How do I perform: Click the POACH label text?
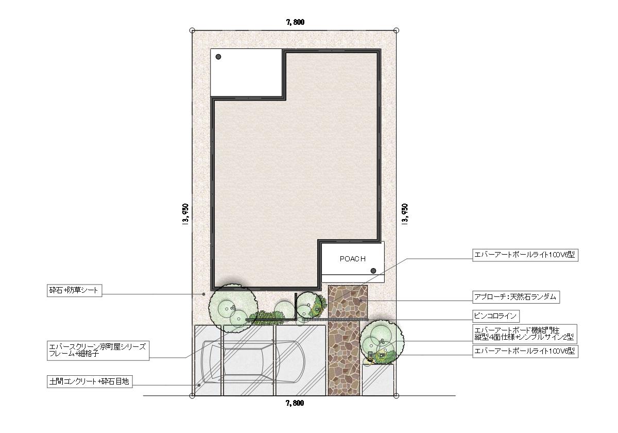352,259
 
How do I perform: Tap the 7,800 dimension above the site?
295,22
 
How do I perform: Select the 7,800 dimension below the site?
295,403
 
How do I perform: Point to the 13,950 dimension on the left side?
185,215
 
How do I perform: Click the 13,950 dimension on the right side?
405,215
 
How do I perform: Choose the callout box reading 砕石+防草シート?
75,291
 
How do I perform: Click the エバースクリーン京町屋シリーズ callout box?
98,351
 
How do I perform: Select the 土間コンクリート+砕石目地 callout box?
90,381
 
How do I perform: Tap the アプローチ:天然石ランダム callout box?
516,297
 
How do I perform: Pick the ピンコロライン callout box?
496,316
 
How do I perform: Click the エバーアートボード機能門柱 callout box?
525,334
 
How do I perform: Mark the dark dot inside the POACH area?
373,271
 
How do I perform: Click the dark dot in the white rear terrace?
218,57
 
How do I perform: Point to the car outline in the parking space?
253,362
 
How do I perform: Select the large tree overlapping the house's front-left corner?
233,308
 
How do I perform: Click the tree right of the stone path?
382,342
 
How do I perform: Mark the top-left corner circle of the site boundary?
192,30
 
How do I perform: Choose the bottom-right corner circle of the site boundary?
396,396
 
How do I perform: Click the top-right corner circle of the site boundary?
396,30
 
